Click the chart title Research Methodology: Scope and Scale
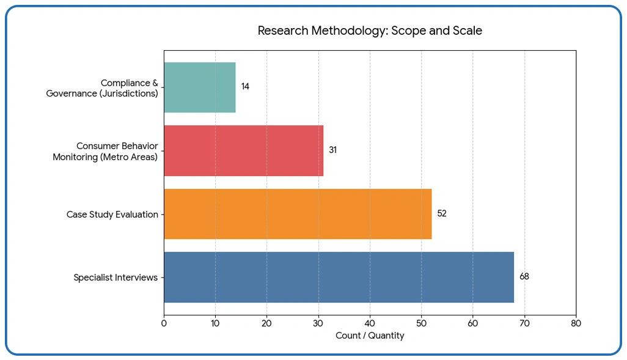(x=369, y=31)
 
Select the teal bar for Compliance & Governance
(x=199, y=87)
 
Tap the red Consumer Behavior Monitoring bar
(x=243, y=150)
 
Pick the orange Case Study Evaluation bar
(x=298, y=214)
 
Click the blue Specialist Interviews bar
(x=339, y=277)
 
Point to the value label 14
(x=245, y=87)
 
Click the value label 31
(x=332, y=150)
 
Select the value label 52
(x=441, y=214)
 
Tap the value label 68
(x=524, y=277)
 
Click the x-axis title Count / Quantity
(x=370, y=336)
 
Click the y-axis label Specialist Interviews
(x=116, y=277)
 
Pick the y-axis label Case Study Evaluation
(x=112, y=215)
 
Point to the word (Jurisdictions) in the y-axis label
(x=129, y=94)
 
